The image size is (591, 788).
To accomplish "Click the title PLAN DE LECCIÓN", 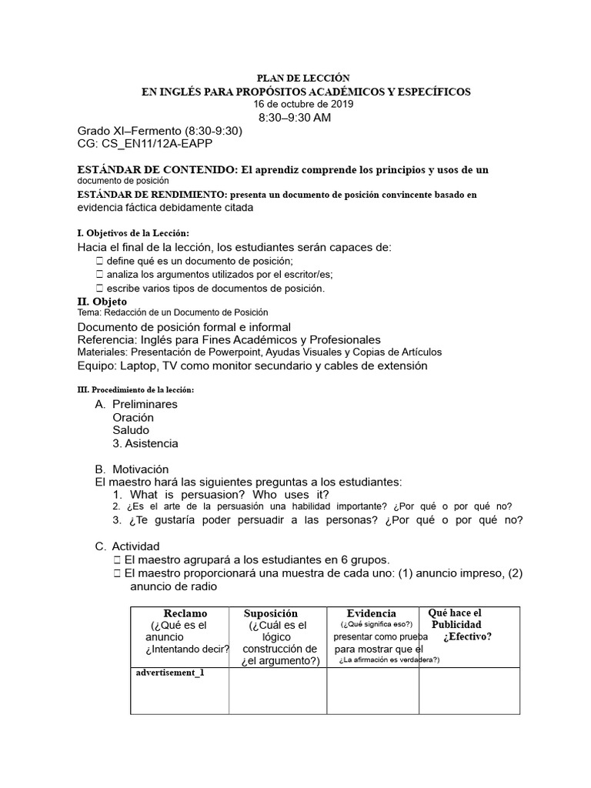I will coord(302,78).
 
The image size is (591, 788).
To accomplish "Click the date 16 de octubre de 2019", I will coord(304,104).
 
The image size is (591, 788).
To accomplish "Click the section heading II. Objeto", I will coord(102,301).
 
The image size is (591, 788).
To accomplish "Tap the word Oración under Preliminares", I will coord(133,417).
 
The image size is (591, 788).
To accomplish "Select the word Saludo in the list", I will coord(131,430).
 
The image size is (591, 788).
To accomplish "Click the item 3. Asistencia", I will coord(145,443).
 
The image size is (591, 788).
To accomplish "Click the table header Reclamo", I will coord(185,613).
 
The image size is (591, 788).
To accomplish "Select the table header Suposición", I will coord(270,613).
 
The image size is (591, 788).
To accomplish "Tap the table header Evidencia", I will coord(371,613).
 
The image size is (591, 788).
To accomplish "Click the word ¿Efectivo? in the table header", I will coord(467,636).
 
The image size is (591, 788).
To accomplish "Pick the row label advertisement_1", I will coord(170,673).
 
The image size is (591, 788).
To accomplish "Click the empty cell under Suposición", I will coord(278,690).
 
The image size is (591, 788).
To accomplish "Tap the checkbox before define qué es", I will coord(100,262).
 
